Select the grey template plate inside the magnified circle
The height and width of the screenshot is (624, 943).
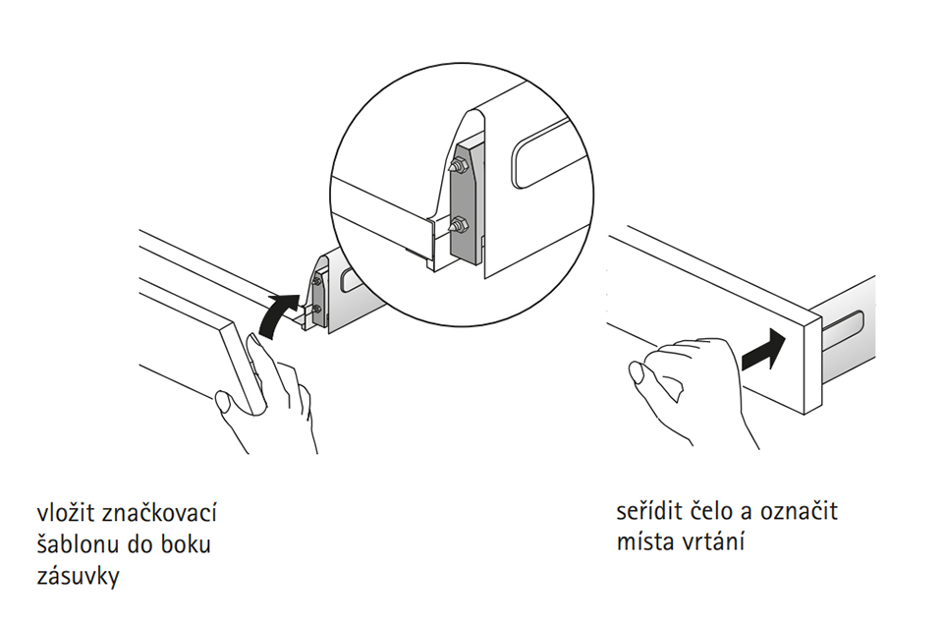pos(466,203)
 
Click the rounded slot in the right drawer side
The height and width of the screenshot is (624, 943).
pos(843,330)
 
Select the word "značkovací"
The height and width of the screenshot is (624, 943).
pos(159,513)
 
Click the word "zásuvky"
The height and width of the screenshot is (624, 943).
pos(79,577)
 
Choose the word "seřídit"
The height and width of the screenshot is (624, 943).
pos(649,511)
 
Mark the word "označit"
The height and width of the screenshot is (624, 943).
pos(799,511)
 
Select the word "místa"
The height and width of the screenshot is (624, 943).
pos(646,542)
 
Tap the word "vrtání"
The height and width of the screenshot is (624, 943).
pos(713,542)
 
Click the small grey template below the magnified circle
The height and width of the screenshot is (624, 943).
pos(319,296)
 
